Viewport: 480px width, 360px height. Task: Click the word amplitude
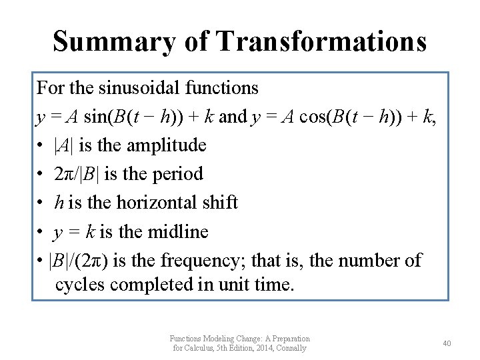166,145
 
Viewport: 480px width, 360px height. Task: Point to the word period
177,174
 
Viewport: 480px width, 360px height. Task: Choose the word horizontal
152,203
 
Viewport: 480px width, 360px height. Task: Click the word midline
177,231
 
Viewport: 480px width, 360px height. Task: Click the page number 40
447,343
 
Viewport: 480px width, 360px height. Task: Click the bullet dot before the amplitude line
41,146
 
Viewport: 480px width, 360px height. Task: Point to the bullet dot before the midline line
41,232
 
